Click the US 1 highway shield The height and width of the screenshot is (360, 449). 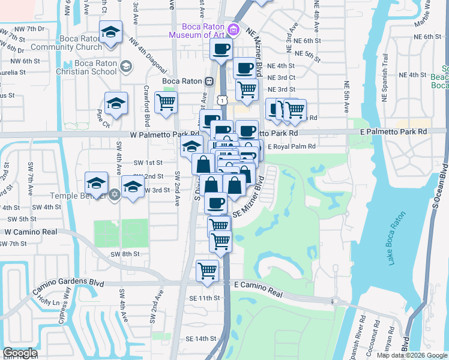pyautogui.click(x=223, y=101)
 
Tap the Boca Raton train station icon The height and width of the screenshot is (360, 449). pyautogui.click(x=209, y=82)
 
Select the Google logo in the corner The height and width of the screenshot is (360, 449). pyautogui.click(x=20, y=353)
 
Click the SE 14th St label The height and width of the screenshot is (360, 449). pyautogui.click(x=202, y=338)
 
